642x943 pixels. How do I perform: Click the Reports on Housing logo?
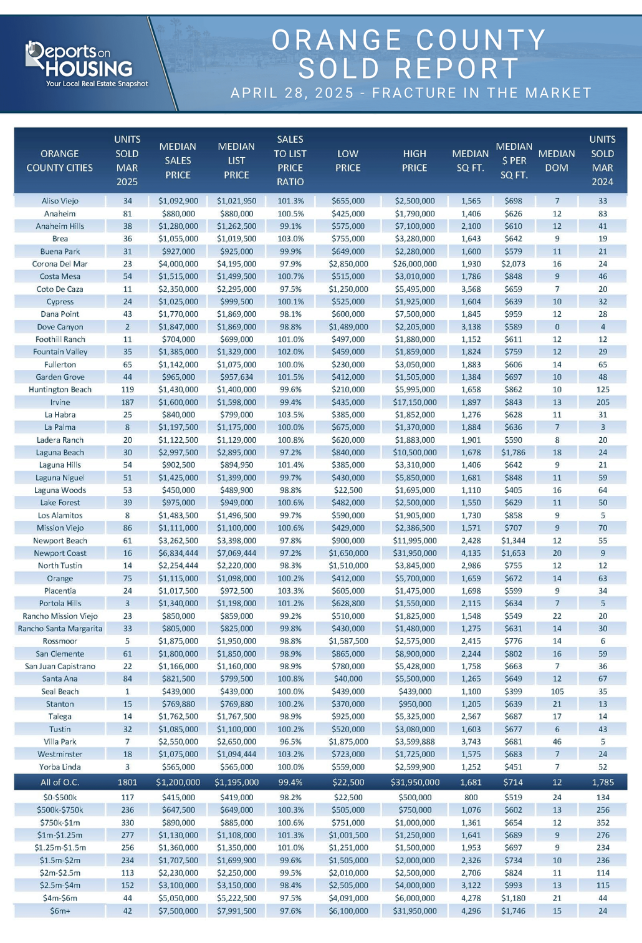[x=86, y=64]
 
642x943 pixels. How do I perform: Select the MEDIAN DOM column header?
[x=556, y=160]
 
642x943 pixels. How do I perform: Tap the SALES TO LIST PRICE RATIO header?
[x=290, y=160]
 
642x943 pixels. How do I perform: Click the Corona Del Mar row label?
[x=60, y=264]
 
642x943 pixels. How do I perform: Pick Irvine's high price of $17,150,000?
[x=414, y=402]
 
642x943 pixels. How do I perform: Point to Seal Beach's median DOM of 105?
[x=557, y=691]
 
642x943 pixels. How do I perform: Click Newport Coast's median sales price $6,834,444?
[x=178, y=553]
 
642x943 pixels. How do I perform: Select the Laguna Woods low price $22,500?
[x=348, y=490]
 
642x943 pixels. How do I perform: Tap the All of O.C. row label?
[x=60, y=782]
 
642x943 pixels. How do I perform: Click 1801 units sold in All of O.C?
[x=127, y=782]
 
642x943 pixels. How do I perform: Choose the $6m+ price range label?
[x=60, y=911]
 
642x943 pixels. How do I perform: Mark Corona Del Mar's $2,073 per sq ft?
[x=513, y=264]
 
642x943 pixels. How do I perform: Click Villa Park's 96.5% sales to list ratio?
[x=290, y=742]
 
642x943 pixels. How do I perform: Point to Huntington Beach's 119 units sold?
[x=127, y=389]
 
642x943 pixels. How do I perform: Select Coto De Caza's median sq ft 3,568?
[x=471, y=289]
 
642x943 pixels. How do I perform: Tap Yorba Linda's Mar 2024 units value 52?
[x=603, y=766]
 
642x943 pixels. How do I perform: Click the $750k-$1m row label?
[x=60, y=822]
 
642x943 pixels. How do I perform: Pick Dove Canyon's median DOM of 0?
[x=557, y=327]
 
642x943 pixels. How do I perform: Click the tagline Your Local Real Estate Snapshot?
[x=97, y=84]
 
